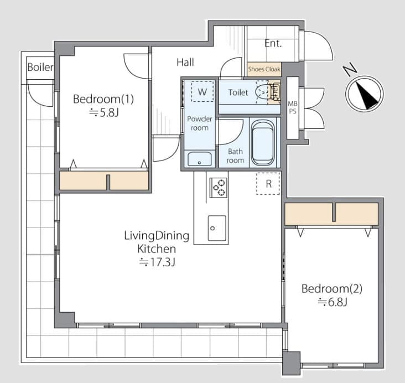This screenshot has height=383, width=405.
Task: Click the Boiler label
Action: pos(40,67)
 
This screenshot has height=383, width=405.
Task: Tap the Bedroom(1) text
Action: pos(103,99)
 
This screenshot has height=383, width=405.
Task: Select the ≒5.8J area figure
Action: pos(104,113)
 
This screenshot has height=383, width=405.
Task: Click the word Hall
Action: pos(185,63)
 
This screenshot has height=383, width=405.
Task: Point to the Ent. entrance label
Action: pos(273,43)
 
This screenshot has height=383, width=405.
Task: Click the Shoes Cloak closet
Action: pos(264,69)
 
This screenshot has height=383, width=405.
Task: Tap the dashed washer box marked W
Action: pos(202,91)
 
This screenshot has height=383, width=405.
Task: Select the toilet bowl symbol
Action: pos(262,91)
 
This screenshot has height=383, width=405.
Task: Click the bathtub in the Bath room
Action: pos(263,143)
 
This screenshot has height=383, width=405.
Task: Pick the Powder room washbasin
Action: pos(199,159)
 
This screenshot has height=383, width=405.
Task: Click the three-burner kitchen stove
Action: pos(219,188)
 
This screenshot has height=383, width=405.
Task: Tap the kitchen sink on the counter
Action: pos(217,228)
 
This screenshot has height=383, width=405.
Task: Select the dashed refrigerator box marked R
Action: pos(268,184)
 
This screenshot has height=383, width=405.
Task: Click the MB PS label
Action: pos(293,107)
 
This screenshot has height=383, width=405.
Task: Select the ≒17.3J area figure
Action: pos(157,262)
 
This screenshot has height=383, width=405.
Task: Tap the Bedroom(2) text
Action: pos(332,289)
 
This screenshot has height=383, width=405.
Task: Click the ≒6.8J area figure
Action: pos(333,302)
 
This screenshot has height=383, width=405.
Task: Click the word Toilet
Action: pos(238,92)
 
